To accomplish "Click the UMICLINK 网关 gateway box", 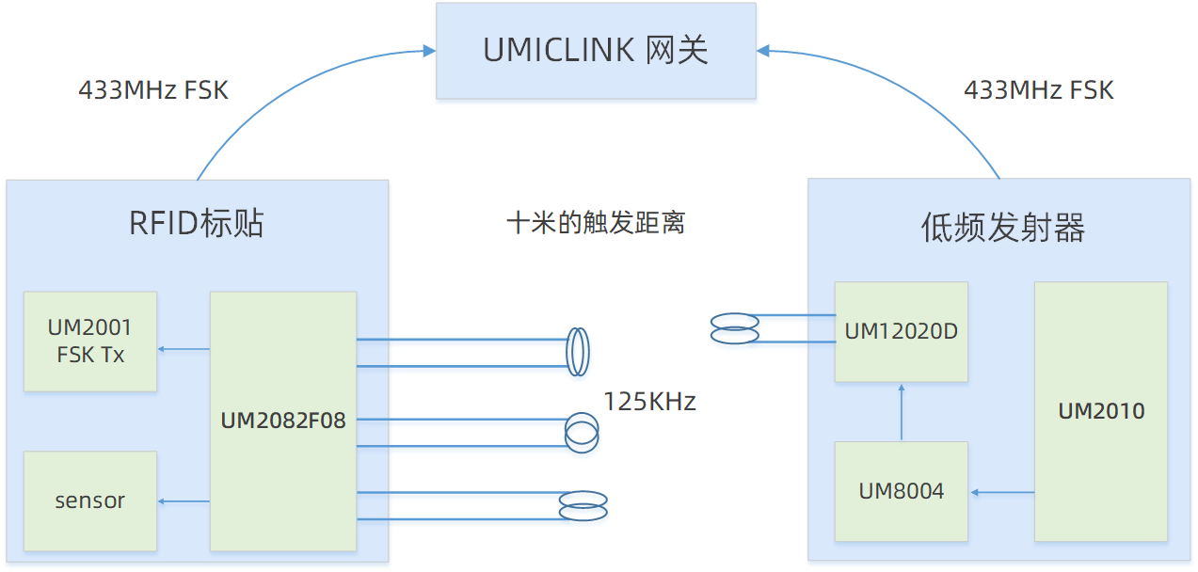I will tap(596, 50).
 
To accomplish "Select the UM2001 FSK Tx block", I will tap(90, 341).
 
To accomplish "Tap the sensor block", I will tap(90, 500).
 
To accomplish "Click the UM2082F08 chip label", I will tap(283, 421).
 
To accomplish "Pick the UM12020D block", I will tap(901, 331).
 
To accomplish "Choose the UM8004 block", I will tap(901, 491).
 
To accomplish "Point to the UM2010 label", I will tap(1101, 411).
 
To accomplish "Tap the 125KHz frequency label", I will tap(649, 402).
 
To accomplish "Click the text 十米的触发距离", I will tap(596, 223).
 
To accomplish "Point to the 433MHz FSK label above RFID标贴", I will tap(152, 90).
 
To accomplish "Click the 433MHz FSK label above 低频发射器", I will tap(1039, 90).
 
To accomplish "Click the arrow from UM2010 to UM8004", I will tap(1002, 492).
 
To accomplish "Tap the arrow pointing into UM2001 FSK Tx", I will tap(184, 350).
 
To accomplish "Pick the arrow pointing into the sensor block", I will tap(184, 501).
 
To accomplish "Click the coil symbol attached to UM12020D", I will tap(735, 328).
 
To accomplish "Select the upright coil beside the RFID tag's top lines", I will tap(578, 352).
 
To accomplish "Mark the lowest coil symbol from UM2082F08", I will tap(583, 505).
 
